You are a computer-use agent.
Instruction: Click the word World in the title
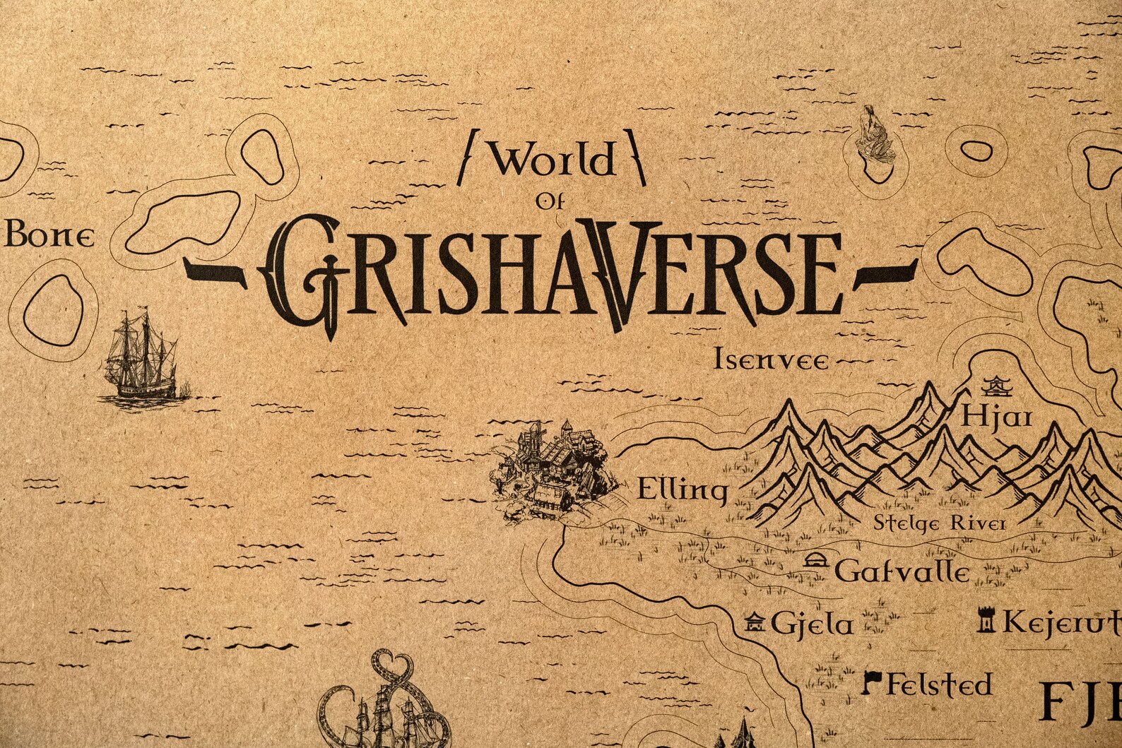point(553,162)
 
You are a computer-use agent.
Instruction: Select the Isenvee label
point(772,360)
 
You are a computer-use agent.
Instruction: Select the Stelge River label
point(940,523)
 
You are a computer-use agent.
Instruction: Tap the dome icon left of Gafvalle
point(816,561)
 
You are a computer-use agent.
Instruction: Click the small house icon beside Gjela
point(755,622)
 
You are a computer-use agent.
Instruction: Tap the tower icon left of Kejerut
point(985,620)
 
